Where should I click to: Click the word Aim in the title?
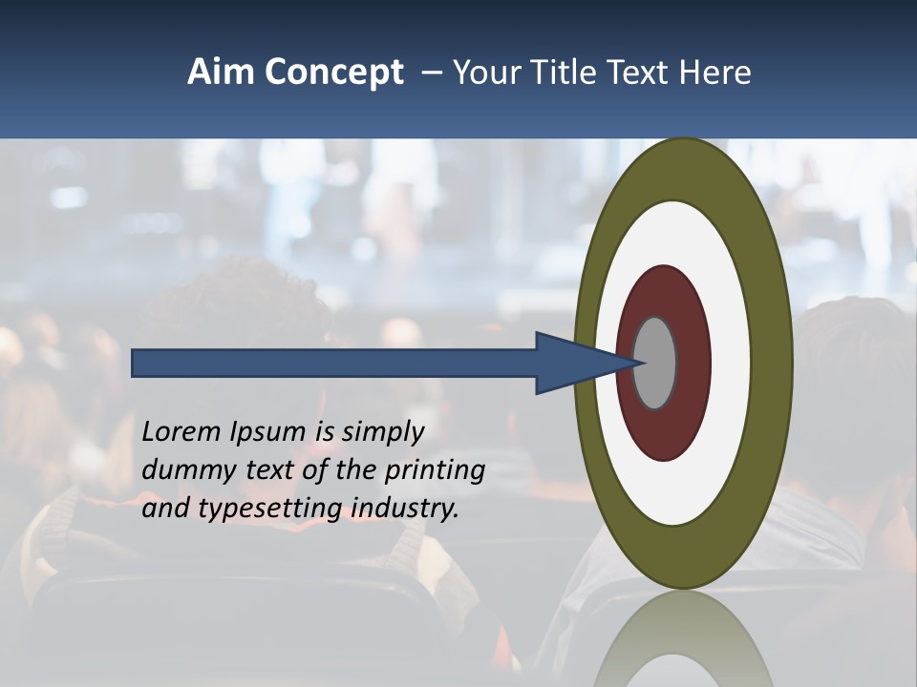pyautogui.click(x=221, y=73)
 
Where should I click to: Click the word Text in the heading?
pyautogui.click(x=641, y=73)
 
